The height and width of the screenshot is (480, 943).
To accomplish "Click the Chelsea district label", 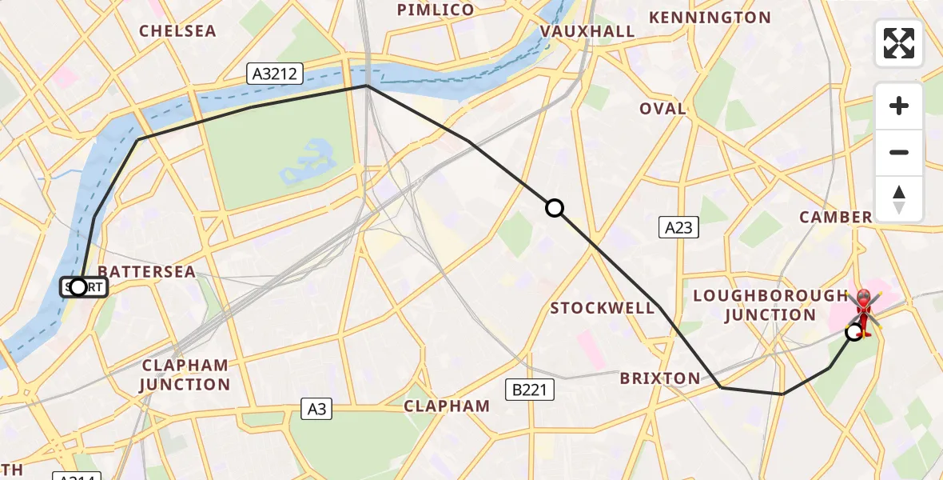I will click(x=177, y=31).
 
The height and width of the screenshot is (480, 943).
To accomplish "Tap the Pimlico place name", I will click(x=436, y=10).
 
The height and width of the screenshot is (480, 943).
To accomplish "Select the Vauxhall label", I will click(x=587, y=31).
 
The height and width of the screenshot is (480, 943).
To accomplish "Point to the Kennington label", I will click(x=710, y=18).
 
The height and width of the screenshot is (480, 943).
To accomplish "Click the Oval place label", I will click(x=662, y=109).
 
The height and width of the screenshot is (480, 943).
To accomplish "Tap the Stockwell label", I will click(x=603, y=308).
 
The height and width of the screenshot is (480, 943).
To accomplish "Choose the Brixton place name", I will click(x=660, y=378).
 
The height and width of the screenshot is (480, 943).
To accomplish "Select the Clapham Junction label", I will click(x=185, y=374).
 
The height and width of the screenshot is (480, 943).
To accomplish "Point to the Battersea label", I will click(x=146, y=272).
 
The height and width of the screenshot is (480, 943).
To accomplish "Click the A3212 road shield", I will click(x=275, y=74).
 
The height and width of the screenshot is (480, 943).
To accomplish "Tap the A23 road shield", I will click(x=678, y=228).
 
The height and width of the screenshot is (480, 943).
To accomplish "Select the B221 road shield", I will click(x=529, y=390).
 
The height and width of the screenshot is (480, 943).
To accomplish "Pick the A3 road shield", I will click(x=317, y=409).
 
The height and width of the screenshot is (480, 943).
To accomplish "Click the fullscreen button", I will click(x=899, y=43).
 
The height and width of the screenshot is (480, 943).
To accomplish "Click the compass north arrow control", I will click(x=899, y=199).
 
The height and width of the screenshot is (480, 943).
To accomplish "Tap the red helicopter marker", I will click(x=864, y=312).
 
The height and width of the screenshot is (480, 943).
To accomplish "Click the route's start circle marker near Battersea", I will click(x=78, y=286).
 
